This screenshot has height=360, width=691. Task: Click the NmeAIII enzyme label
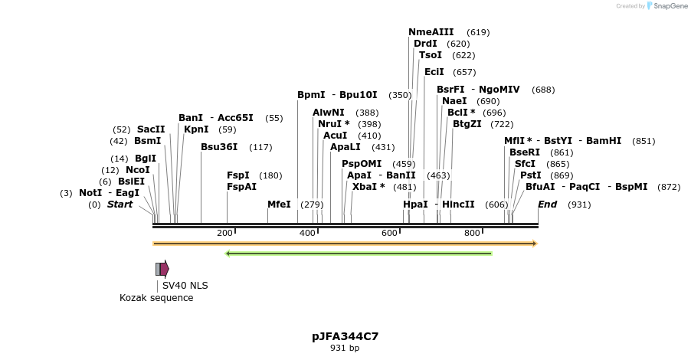pos(431,32)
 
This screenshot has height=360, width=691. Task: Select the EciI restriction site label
pos(434,72)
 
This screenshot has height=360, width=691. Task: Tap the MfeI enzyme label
pos(279,205)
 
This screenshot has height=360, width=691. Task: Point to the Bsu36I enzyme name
pos(219,147)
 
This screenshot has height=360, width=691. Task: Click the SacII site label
pos(151,129)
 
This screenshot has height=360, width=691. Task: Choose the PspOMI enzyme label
pos(361,164)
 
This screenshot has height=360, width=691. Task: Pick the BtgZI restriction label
pos(467,124)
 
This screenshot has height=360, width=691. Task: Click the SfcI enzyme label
pos(525,164)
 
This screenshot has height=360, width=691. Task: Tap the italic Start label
pos(120,205)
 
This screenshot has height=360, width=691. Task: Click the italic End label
pos(547,205)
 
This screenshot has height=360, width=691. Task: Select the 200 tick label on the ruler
pos(224,233)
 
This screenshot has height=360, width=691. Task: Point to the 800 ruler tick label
pos(472,233)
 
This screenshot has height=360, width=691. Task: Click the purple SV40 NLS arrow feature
pos(164,268)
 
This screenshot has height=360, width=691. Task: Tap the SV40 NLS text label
pos(185,286)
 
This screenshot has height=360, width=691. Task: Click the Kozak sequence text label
pos(156,298)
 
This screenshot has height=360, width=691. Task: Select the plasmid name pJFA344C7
pos(345,336)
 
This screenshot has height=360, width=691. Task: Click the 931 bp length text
pos(345,349)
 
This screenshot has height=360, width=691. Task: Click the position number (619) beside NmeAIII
pos(478,32)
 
